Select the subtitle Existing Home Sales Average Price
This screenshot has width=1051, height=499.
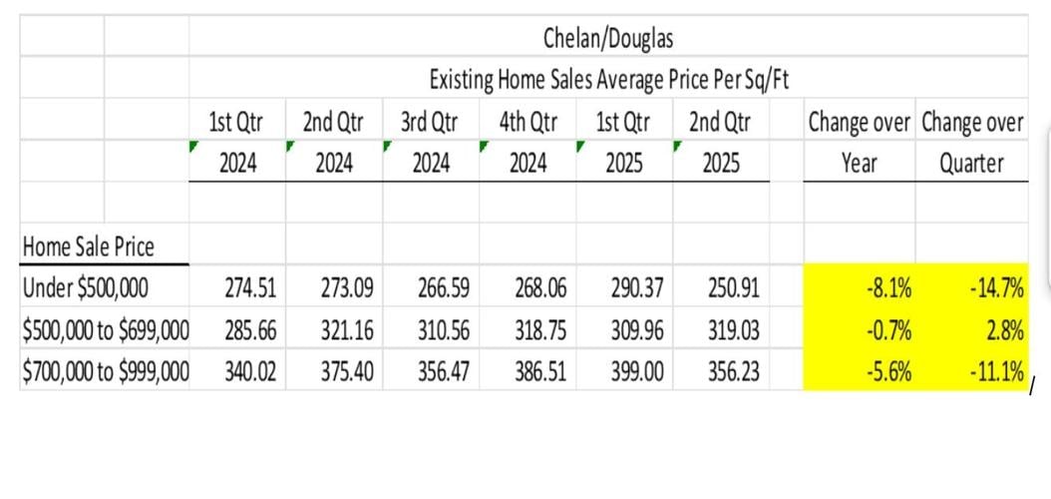point(608,79)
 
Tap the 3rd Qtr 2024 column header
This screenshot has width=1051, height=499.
point(430,142)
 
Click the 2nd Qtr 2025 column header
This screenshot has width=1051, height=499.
point(719,142)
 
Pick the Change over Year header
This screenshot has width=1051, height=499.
point(859,143)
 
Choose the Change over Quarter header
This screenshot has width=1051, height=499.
point(971,143)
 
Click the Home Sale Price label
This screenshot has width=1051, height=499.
point(88,246)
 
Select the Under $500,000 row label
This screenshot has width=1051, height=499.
point(85,289)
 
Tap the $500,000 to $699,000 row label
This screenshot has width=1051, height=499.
point(106,330)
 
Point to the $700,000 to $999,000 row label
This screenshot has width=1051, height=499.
point(106,371)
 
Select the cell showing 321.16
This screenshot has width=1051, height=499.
point(344,330)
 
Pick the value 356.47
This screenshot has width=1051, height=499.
point(442,371)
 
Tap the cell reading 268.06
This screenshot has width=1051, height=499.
point(538,289)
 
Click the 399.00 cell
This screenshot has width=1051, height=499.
point(635,371)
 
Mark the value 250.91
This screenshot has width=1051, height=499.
point(733,289)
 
